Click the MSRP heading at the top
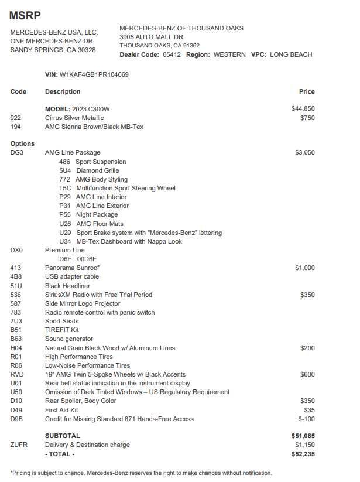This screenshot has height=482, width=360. pyautogui.click(x=25, y=15)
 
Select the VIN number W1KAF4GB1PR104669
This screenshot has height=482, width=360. pyautogui.click(x=94, y=75)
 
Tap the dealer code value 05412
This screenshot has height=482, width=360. pyautogui.click(x=172, y=54)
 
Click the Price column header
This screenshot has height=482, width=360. pyautogui.click(x=306, y=91)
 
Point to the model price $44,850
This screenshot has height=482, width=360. pyautogui.click(x=303, y=109)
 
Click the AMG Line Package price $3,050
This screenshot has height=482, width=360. pyautogui.click(x=304, y=152)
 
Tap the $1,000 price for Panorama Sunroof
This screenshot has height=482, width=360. pyautogui.click(x=304, y=268)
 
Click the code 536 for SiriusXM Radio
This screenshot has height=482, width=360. pyautogui.click(x=16, y=295)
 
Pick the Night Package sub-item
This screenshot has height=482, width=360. pyautogui.click(x=97, y=215)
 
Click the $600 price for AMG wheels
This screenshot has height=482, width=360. pyautogui.click(x=307, y=374)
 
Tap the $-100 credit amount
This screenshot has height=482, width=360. pyautogui.click(x=306, y=419)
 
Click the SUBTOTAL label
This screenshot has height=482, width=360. pyautogui.click(x=63, y=436)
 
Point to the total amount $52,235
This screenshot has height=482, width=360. pyautogui.click(x=303, y=454)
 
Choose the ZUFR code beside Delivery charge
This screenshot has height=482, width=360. pyautogui.click(x=19, y=445)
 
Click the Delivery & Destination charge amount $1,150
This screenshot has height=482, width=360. pyautogui.click(x=304, y=445)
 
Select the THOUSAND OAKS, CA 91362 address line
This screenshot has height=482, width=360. pyautogui.click(x=159, y=46)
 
